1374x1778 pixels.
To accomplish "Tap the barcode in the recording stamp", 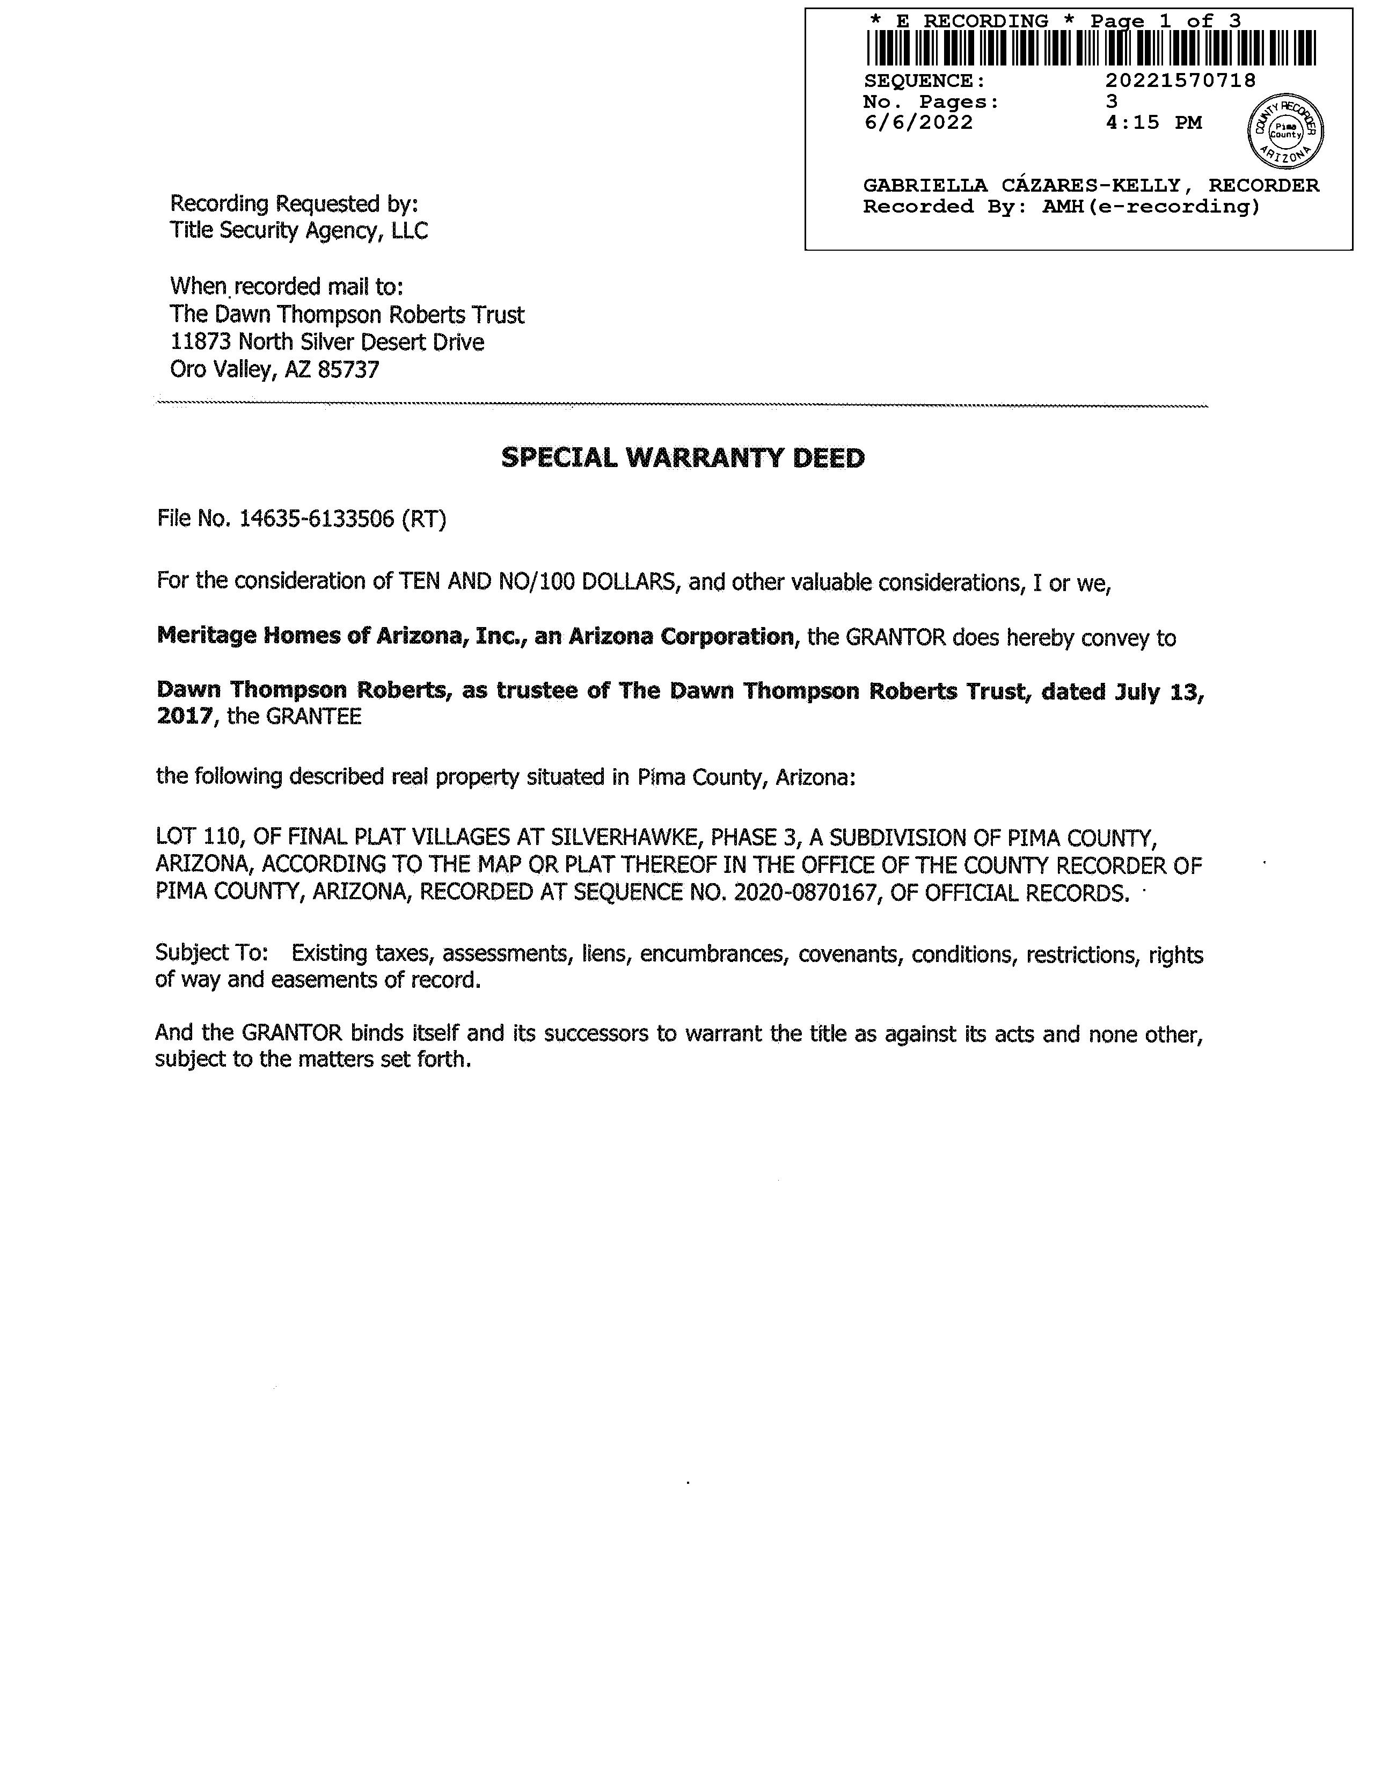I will [x=1090, y=48].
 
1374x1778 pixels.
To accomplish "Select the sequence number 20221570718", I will [x=1180, y=81].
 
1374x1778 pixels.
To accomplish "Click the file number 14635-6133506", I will [x=317, y=519].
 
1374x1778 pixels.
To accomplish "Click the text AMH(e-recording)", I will [x=1151, y=207].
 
